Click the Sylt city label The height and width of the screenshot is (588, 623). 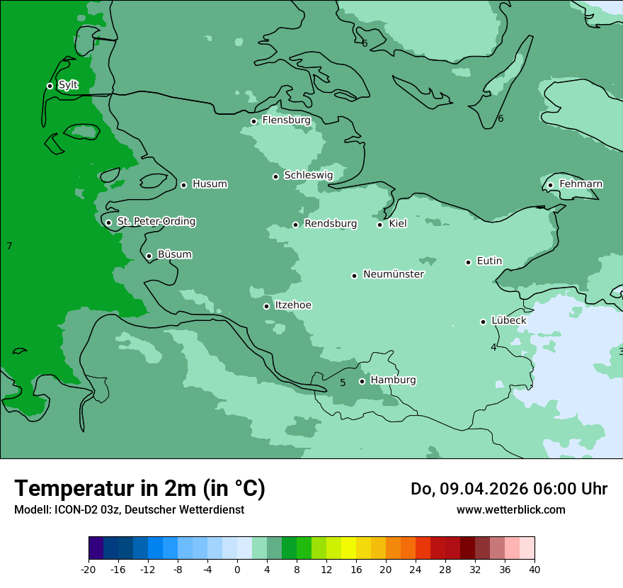pyautogui.click(x=68, y=85)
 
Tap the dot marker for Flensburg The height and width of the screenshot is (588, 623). pyautogui.click(x=253, y=121)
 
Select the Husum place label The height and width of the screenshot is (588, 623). pyautogui.click(x=210, y=184)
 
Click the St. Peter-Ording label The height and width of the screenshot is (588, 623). pyautogui.click(x=156, y=222)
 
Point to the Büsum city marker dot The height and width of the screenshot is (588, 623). pyautogui.click(x=149, y=256)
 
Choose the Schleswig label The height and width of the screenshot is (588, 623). pyautogui.click(x=308, y=175)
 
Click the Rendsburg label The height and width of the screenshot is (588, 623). pyautogui.click(x=330, y=224)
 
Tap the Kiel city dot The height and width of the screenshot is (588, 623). pyautogui.click(x=380, y=225)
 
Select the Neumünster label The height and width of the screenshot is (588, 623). pyautogui.click(x=393, y=274)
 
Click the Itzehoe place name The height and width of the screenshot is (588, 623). pyautogui.click(x=292, y=305)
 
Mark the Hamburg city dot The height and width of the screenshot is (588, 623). pyautogui.click(x=362, y=381)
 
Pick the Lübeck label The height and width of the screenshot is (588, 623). pyautogui.click(x=508, y=320)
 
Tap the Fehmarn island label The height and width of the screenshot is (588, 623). pyautogui.click(x=581, y=184)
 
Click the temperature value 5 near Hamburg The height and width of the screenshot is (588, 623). pyautogui.click(x=343, y=383)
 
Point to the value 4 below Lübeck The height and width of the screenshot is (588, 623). pyautogui.click(x=493, y=347)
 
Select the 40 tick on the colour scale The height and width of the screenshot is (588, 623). pyautogui.click(x=534, y=569)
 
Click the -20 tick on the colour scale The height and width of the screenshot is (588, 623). pyautogui.click(x=88, y=569)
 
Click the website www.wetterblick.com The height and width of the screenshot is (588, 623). pyautogui.click(x=510, y=509)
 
